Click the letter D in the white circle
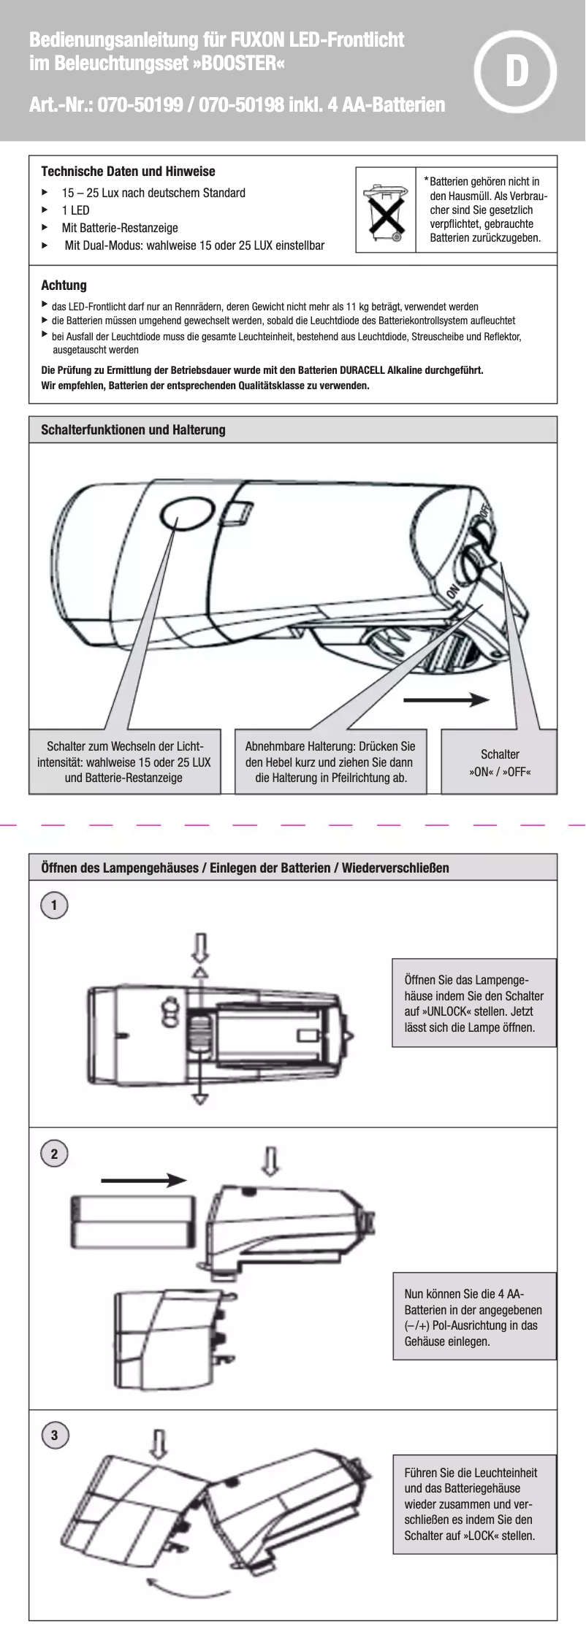[517, 72]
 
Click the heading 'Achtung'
[64, 286]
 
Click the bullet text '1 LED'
[75, 210]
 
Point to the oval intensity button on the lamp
[183, 515]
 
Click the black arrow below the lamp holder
[446, 700]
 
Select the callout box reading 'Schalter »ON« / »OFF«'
[499, 762]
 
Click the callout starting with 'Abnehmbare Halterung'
[330, 762]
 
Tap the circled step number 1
[54, 905]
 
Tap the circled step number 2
[54, 1154]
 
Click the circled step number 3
[54, 1435]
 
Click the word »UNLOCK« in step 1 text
[449, 1012]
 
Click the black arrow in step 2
[143, 1179]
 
